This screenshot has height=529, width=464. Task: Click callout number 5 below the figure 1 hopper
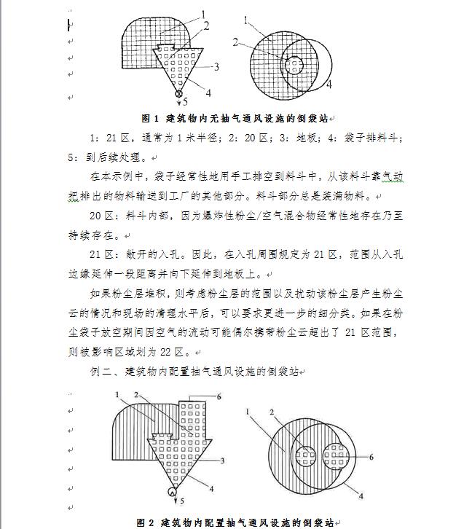[186, 102]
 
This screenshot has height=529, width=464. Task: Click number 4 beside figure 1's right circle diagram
[329, 85]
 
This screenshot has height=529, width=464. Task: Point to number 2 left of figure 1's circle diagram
[236, 42]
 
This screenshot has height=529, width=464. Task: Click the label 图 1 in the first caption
[150, 118]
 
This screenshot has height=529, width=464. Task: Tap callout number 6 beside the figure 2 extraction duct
[218, 396]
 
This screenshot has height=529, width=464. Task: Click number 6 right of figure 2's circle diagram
[371, 456]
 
